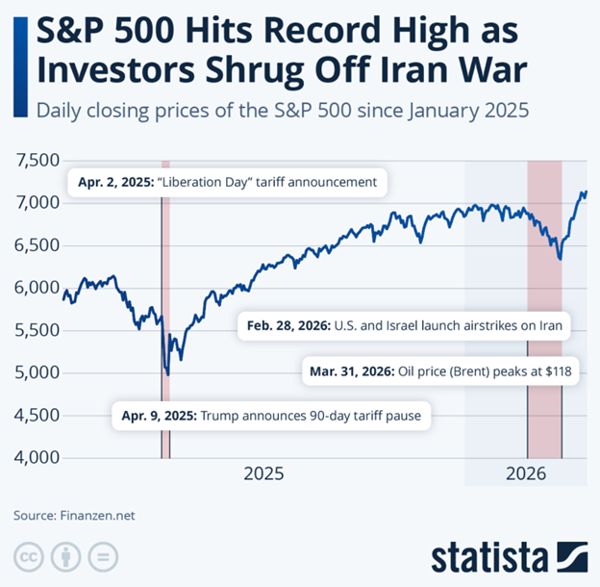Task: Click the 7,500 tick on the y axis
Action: (x=37, y=161)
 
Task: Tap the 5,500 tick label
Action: (x=37, y=330)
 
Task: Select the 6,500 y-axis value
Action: (x=37, y=245)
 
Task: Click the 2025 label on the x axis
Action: (x=262, y=473)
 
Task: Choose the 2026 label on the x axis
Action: (x=526, y=473)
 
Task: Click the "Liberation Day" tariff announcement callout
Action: (x=227, y=181)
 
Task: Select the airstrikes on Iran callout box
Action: (x=402, y=327)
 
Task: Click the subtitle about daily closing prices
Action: (x=283, y=110)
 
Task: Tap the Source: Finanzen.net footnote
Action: (x=74, y=515)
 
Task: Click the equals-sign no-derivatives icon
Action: (x=102, y=557)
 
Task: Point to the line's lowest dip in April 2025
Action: (x=167, y=374)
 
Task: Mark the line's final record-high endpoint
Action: (x=586, y=193)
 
